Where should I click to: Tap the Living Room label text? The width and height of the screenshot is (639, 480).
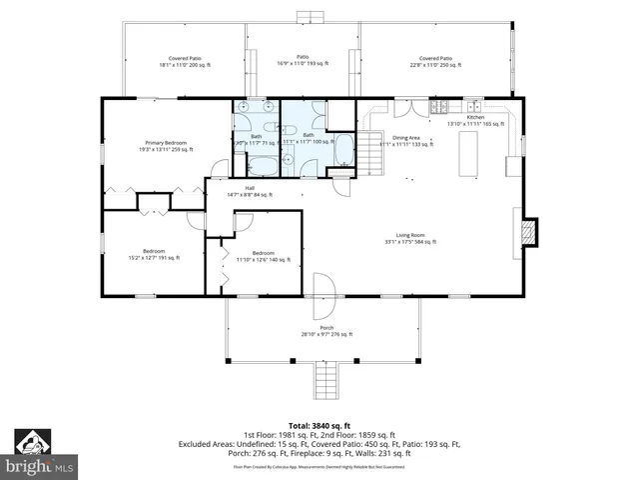(404, 238)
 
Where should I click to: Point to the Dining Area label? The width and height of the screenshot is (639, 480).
(405, 140)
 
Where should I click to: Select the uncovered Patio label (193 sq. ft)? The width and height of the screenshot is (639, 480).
(303, 60)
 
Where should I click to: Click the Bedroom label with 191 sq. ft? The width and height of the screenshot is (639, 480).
(153, 254)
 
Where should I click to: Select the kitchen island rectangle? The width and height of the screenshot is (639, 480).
(466, 149)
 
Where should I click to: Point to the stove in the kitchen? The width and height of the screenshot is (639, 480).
(436, 107)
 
